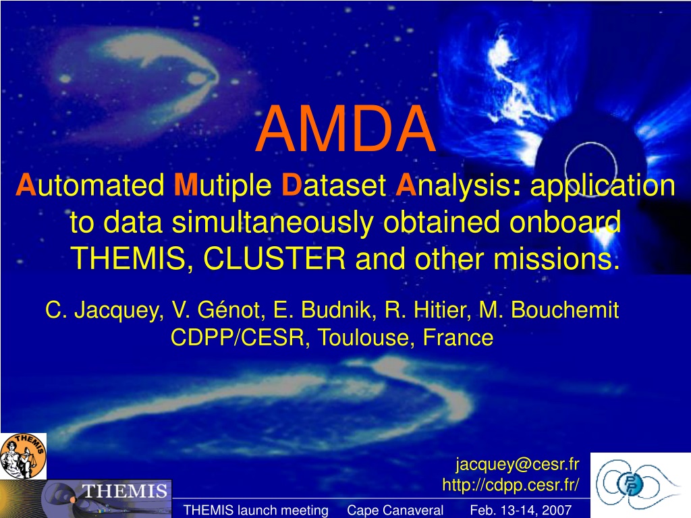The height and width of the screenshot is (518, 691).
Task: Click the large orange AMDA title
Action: point(346,129)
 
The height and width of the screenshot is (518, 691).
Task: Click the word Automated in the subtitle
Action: point(90,185)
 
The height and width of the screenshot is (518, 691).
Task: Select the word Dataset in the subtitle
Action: point(334,185)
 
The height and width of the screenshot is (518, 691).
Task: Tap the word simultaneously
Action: point(273,222)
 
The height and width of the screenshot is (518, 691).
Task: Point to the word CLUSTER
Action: point(274,258)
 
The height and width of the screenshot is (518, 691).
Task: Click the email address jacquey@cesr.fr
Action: point(518,464)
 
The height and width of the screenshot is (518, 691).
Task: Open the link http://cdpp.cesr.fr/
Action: point(511,484)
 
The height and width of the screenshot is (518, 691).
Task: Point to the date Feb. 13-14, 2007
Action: point(520,510)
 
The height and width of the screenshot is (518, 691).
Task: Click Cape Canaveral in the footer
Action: point(395,510)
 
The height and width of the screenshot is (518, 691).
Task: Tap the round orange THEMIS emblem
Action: point(24,456)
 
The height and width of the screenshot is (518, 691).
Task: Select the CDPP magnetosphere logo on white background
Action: point(640,485)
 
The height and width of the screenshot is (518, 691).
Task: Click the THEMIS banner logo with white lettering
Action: point(86,499)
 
